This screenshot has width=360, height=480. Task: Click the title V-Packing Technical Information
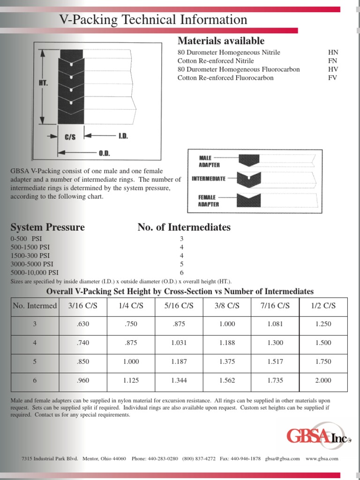[153, 20]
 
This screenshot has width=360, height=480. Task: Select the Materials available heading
[221, 41]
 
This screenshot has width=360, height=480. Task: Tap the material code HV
[333, 69]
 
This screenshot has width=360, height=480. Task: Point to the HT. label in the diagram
[44, 82]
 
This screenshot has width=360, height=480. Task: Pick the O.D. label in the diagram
[104, 153]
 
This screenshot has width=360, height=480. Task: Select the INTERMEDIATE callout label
[209, 179]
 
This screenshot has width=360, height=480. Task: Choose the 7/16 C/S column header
[275, 306]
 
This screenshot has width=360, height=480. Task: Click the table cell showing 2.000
[323, 380]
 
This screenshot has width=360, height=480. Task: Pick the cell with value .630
[82, 324]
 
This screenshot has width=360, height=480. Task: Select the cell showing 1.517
[275, 361]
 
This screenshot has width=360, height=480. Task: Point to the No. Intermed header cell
[35, 306]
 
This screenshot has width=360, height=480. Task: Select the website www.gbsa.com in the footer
[322, 458]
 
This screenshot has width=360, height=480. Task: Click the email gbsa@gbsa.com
[282, 458]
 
